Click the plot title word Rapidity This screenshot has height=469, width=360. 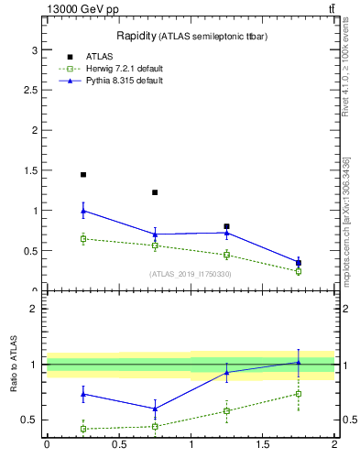point(136,36)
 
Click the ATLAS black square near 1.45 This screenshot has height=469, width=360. point(83,174)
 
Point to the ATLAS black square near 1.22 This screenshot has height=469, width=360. point(155,192)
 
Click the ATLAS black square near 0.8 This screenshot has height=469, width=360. point(226,226)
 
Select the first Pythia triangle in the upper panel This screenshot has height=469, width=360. point(83,211)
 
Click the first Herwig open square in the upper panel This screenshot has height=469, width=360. point(83,239)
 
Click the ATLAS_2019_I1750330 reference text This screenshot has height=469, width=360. point(191,274)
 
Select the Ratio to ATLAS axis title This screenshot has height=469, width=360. point(14,365)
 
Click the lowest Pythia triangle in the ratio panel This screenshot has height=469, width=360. point(155,409)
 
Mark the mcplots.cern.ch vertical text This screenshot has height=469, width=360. point(350,229)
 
